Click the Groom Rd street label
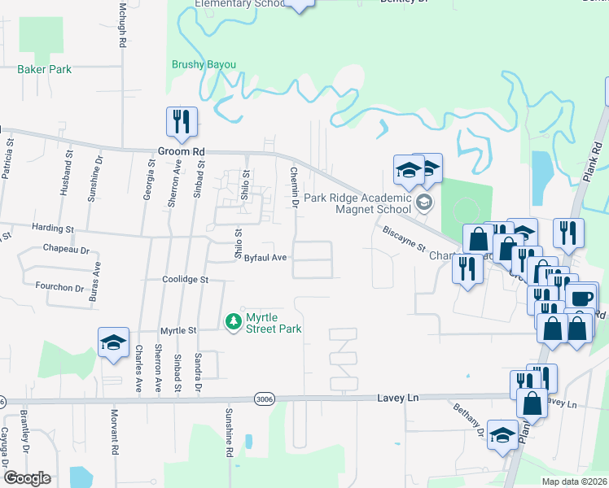click(x=182, y=152)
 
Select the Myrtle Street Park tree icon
click(x=234, y=321)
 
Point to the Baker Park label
click(x=45, y=70)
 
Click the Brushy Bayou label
click(x=204, y=64)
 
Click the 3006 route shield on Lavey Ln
click(x=264, y=399)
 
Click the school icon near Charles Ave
click(x=114, y=342)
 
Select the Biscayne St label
click(x=405, y=233)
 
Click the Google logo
click(x=27, y=478)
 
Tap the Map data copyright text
click(x=573, y=481)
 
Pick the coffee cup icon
click(x=581, y=298)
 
